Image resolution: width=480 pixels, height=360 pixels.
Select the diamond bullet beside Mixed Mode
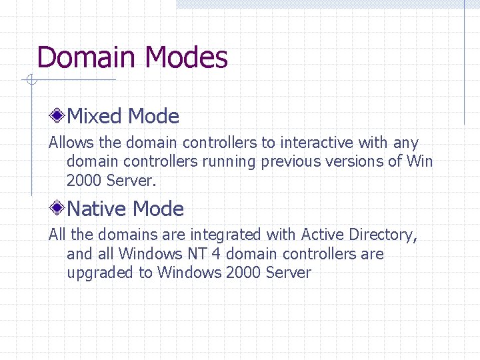click(x=59, y=117)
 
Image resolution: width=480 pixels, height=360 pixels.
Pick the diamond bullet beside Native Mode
click(x=59, y=209)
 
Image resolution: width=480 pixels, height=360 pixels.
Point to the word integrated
click(x=225, y=235)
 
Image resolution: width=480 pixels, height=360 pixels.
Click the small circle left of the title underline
click(x=30, y=81)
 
